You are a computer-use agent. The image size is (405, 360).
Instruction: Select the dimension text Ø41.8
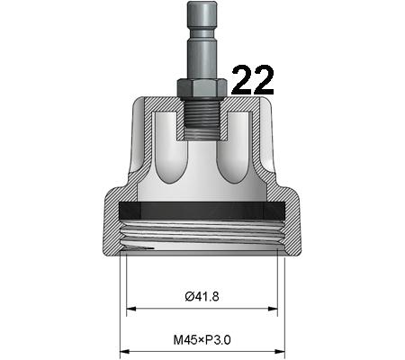pyautogui.click(x=202, y=296)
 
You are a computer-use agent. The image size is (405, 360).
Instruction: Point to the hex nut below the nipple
pyautogui.click(x=202, y=86)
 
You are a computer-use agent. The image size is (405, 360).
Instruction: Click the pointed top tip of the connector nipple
pyautogui.click(x=202, y=4)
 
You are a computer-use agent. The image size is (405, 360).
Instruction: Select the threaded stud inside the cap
pyautogui.click(x=202, y=117)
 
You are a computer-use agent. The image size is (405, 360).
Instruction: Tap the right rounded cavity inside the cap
pyautogui.click(x=236, y=148)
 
